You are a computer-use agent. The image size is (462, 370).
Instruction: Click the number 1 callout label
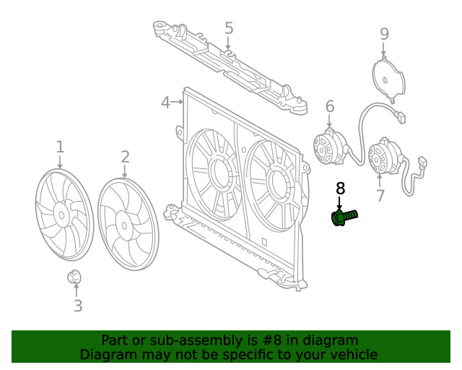[x=60, y=147]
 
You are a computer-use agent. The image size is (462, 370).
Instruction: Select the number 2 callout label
[x=125, y=157]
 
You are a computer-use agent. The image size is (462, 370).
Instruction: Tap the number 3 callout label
[x=78, y=306]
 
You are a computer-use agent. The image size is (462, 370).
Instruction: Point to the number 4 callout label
[x=165, y=103]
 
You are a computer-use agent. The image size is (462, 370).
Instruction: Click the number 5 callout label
[x=229, y=29]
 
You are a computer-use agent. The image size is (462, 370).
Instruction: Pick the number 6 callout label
[x=330, y=107]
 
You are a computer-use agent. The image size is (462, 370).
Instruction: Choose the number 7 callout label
[x=380, y=195]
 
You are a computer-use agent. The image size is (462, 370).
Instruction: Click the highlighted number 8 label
[x=341, y=189]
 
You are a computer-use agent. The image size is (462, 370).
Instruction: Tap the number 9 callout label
[x=384, y=33]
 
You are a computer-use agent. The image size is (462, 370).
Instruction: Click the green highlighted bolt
[x=344, y=217]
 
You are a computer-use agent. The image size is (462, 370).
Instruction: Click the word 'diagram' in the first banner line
[x=331, y=340]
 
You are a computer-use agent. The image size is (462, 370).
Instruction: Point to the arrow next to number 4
[x=178, y=103]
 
